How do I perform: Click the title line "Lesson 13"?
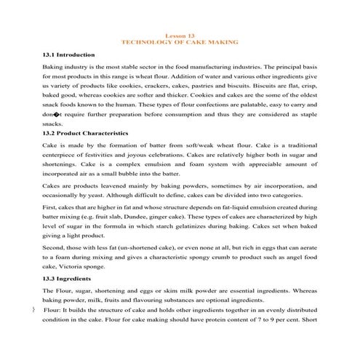[x=180, y=36]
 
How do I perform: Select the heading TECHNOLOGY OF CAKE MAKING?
[x=180, y=43]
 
